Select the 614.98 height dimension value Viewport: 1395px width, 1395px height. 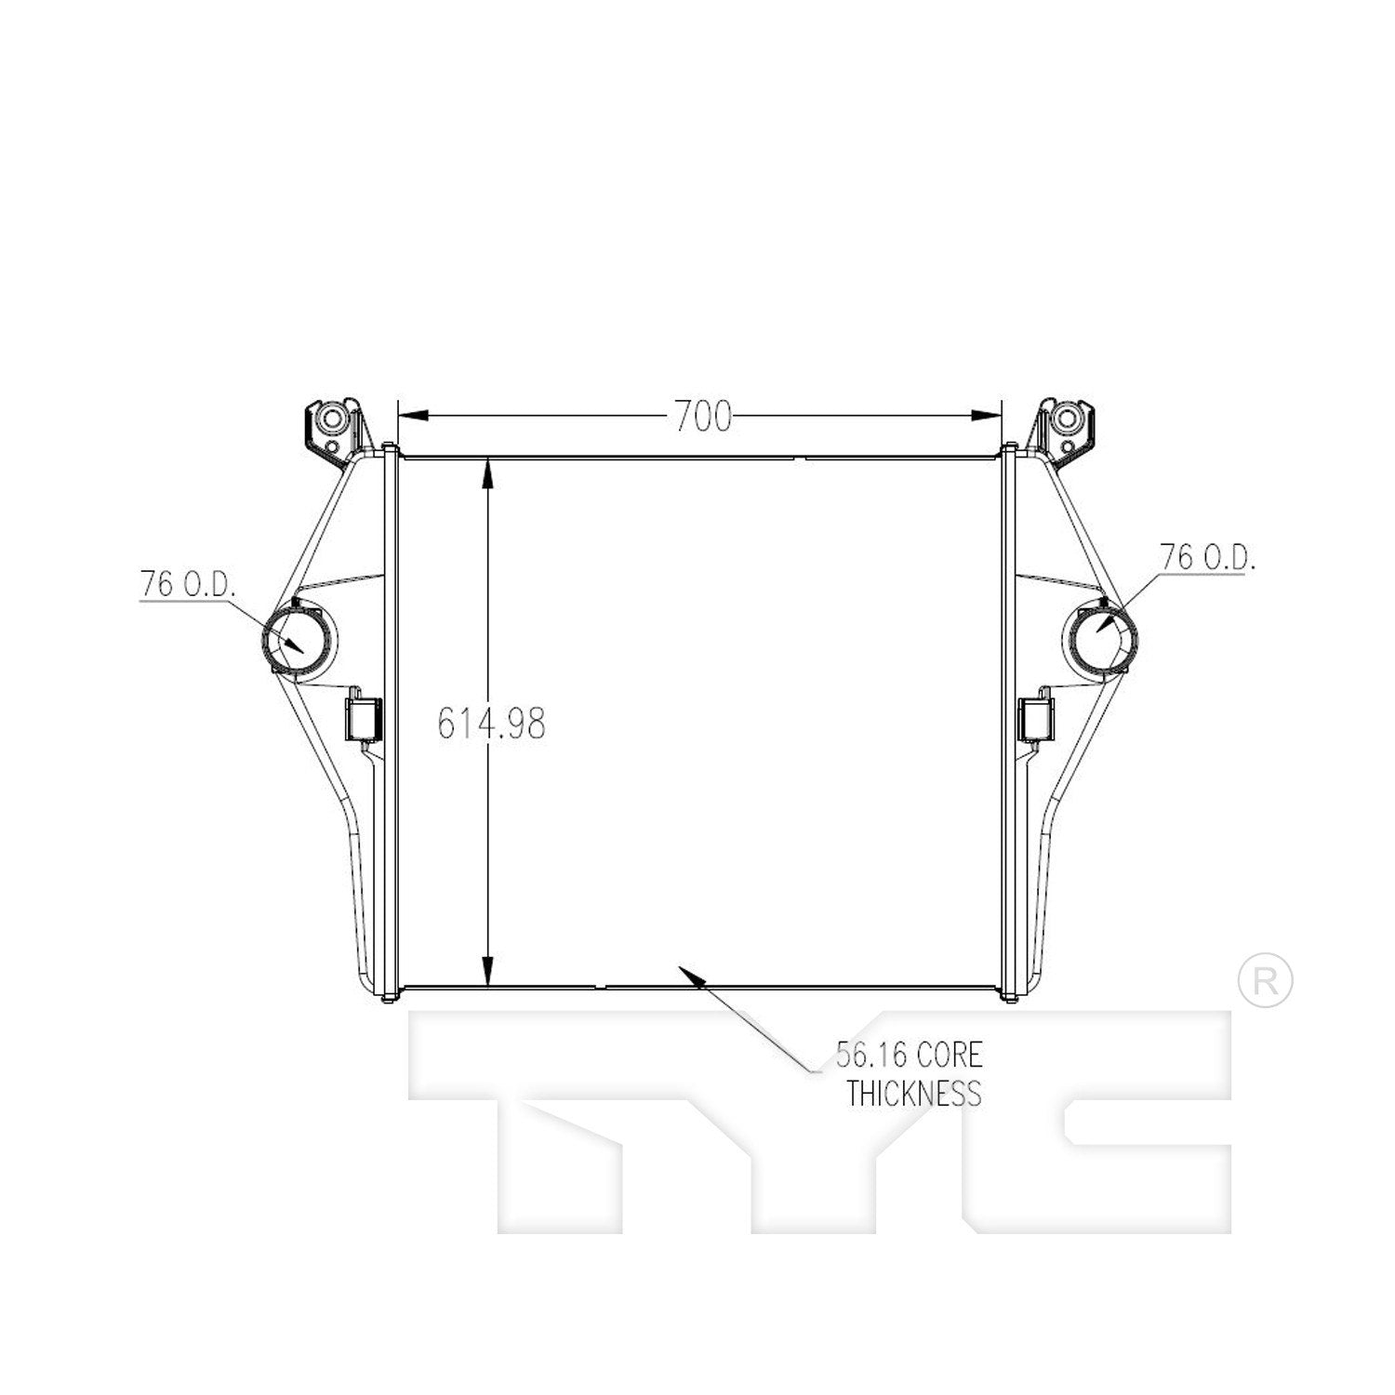click(x=491, y=724)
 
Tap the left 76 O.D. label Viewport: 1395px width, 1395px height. click(x=188, y=585)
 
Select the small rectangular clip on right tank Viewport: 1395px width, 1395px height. click(x=1037, y=720)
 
